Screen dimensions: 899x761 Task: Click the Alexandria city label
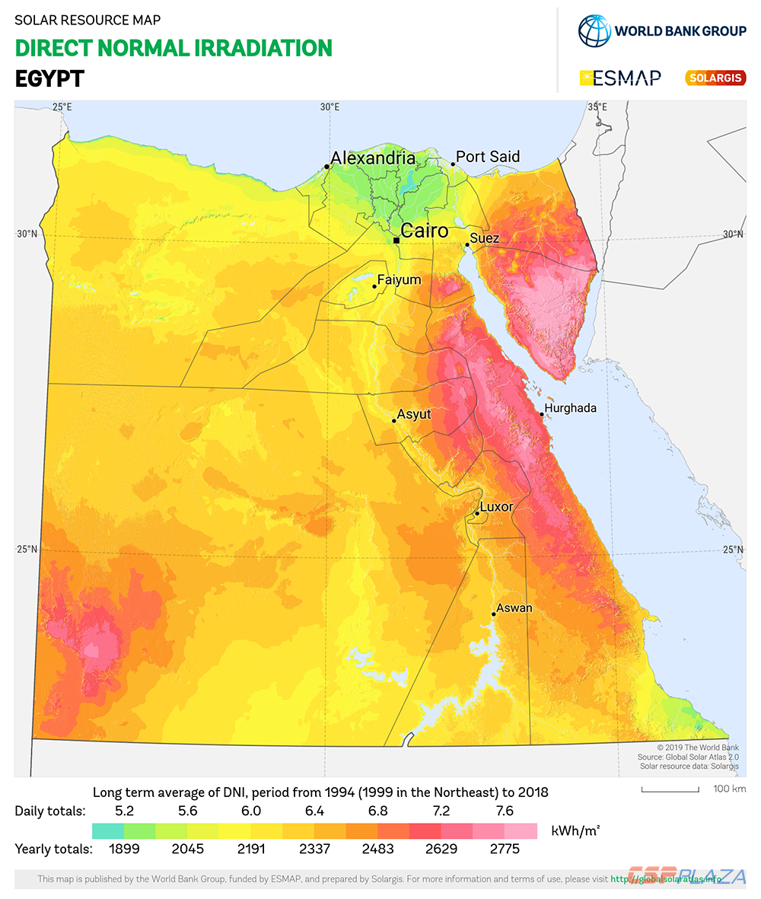coord(374,158)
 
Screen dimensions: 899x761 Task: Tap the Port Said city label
coord(488,157)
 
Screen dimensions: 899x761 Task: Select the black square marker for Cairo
coord(396,241)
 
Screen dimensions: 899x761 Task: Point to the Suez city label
coord(485,238)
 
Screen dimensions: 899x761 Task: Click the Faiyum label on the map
coord(400,280)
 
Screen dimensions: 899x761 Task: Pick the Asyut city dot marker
coord(393,420)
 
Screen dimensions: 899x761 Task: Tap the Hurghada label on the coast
coord(571,408)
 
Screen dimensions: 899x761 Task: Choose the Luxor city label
coord(496,507)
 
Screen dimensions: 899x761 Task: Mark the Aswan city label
coord(514,608)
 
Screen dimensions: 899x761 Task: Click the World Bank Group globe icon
coord(594,31)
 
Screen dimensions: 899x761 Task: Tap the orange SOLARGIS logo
coord(715,78)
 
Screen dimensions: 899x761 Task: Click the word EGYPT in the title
coord(49,79)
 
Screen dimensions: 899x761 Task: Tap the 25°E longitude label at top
coord(62,107)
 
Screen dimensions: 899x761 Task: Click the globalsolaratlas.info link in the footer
coord(666,879)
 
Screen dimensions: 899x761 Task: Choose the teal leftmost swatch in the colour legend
coord(107,830)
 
